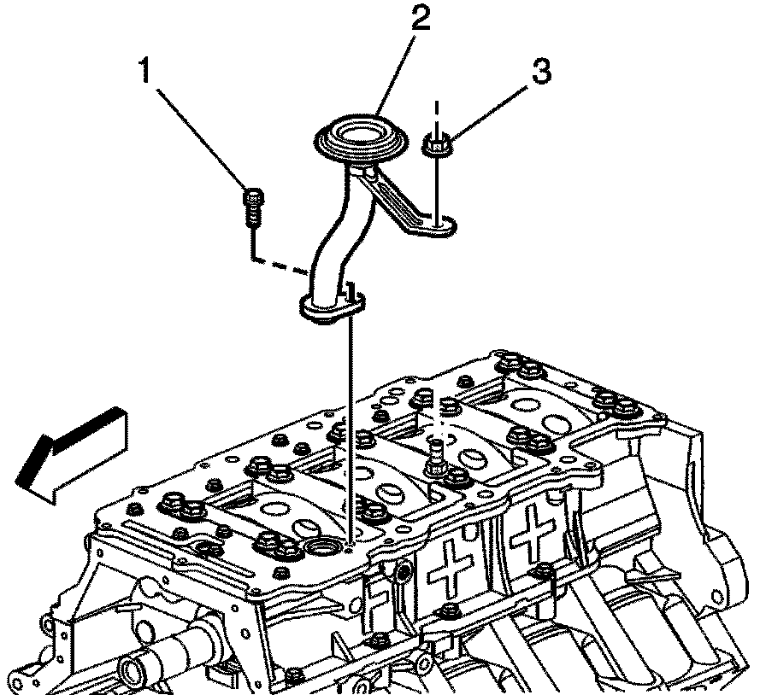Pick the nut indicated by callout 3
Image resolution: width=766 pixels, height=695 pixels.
click(x=438, y=148)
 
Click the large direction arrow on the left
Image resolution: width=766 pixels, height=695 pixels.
click(x=73, y=451)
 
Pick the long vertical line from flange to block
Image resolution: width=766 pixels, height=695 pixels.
click(x=351, y=427)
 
